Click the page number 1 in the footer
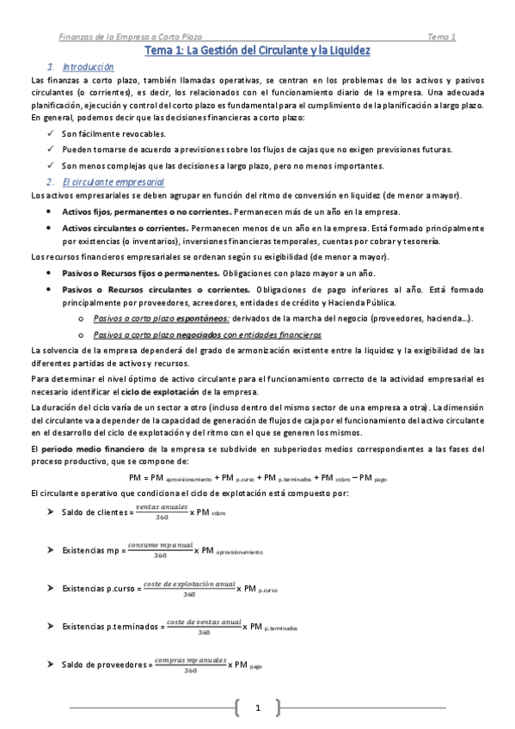[x=257, y=708]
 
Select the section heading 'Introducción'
[x=88, y=67]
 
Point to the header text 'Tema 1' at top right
[x=441, y=37]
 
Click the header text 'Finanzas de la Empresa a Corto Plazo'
[x=130, y=37]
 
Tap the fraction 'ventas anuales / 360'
[x=162, y=513]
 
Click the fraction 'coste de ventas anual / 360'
[x=204, y=627]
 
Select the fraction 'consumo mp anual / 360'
[x=160, y=551]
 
